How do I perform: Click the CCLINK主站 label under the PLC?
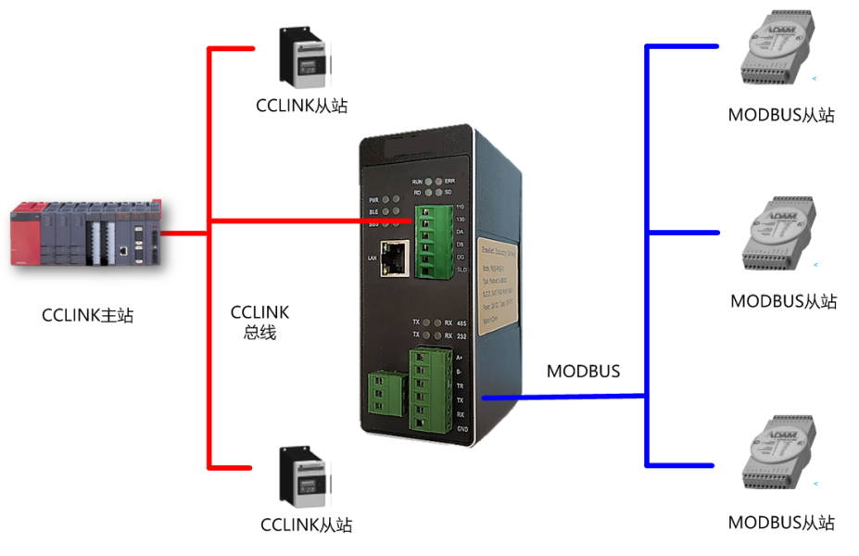pos(88,315)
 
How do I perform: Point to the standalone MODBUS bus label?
pos(583,372)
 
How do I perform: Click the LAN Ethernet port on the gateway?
pos(396,257)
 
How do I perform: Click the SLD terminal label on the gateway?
pos(461,269)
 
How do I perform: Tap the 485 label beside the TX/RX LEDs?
pos(461,322)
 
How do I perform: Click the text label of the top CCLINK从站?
pos(301,105)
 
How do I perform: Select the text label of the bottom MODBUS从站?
pos(781,523)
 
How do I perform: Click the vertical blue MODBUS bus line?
pos(646,255)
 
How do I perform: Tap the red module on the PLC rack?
pos(25,237)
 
